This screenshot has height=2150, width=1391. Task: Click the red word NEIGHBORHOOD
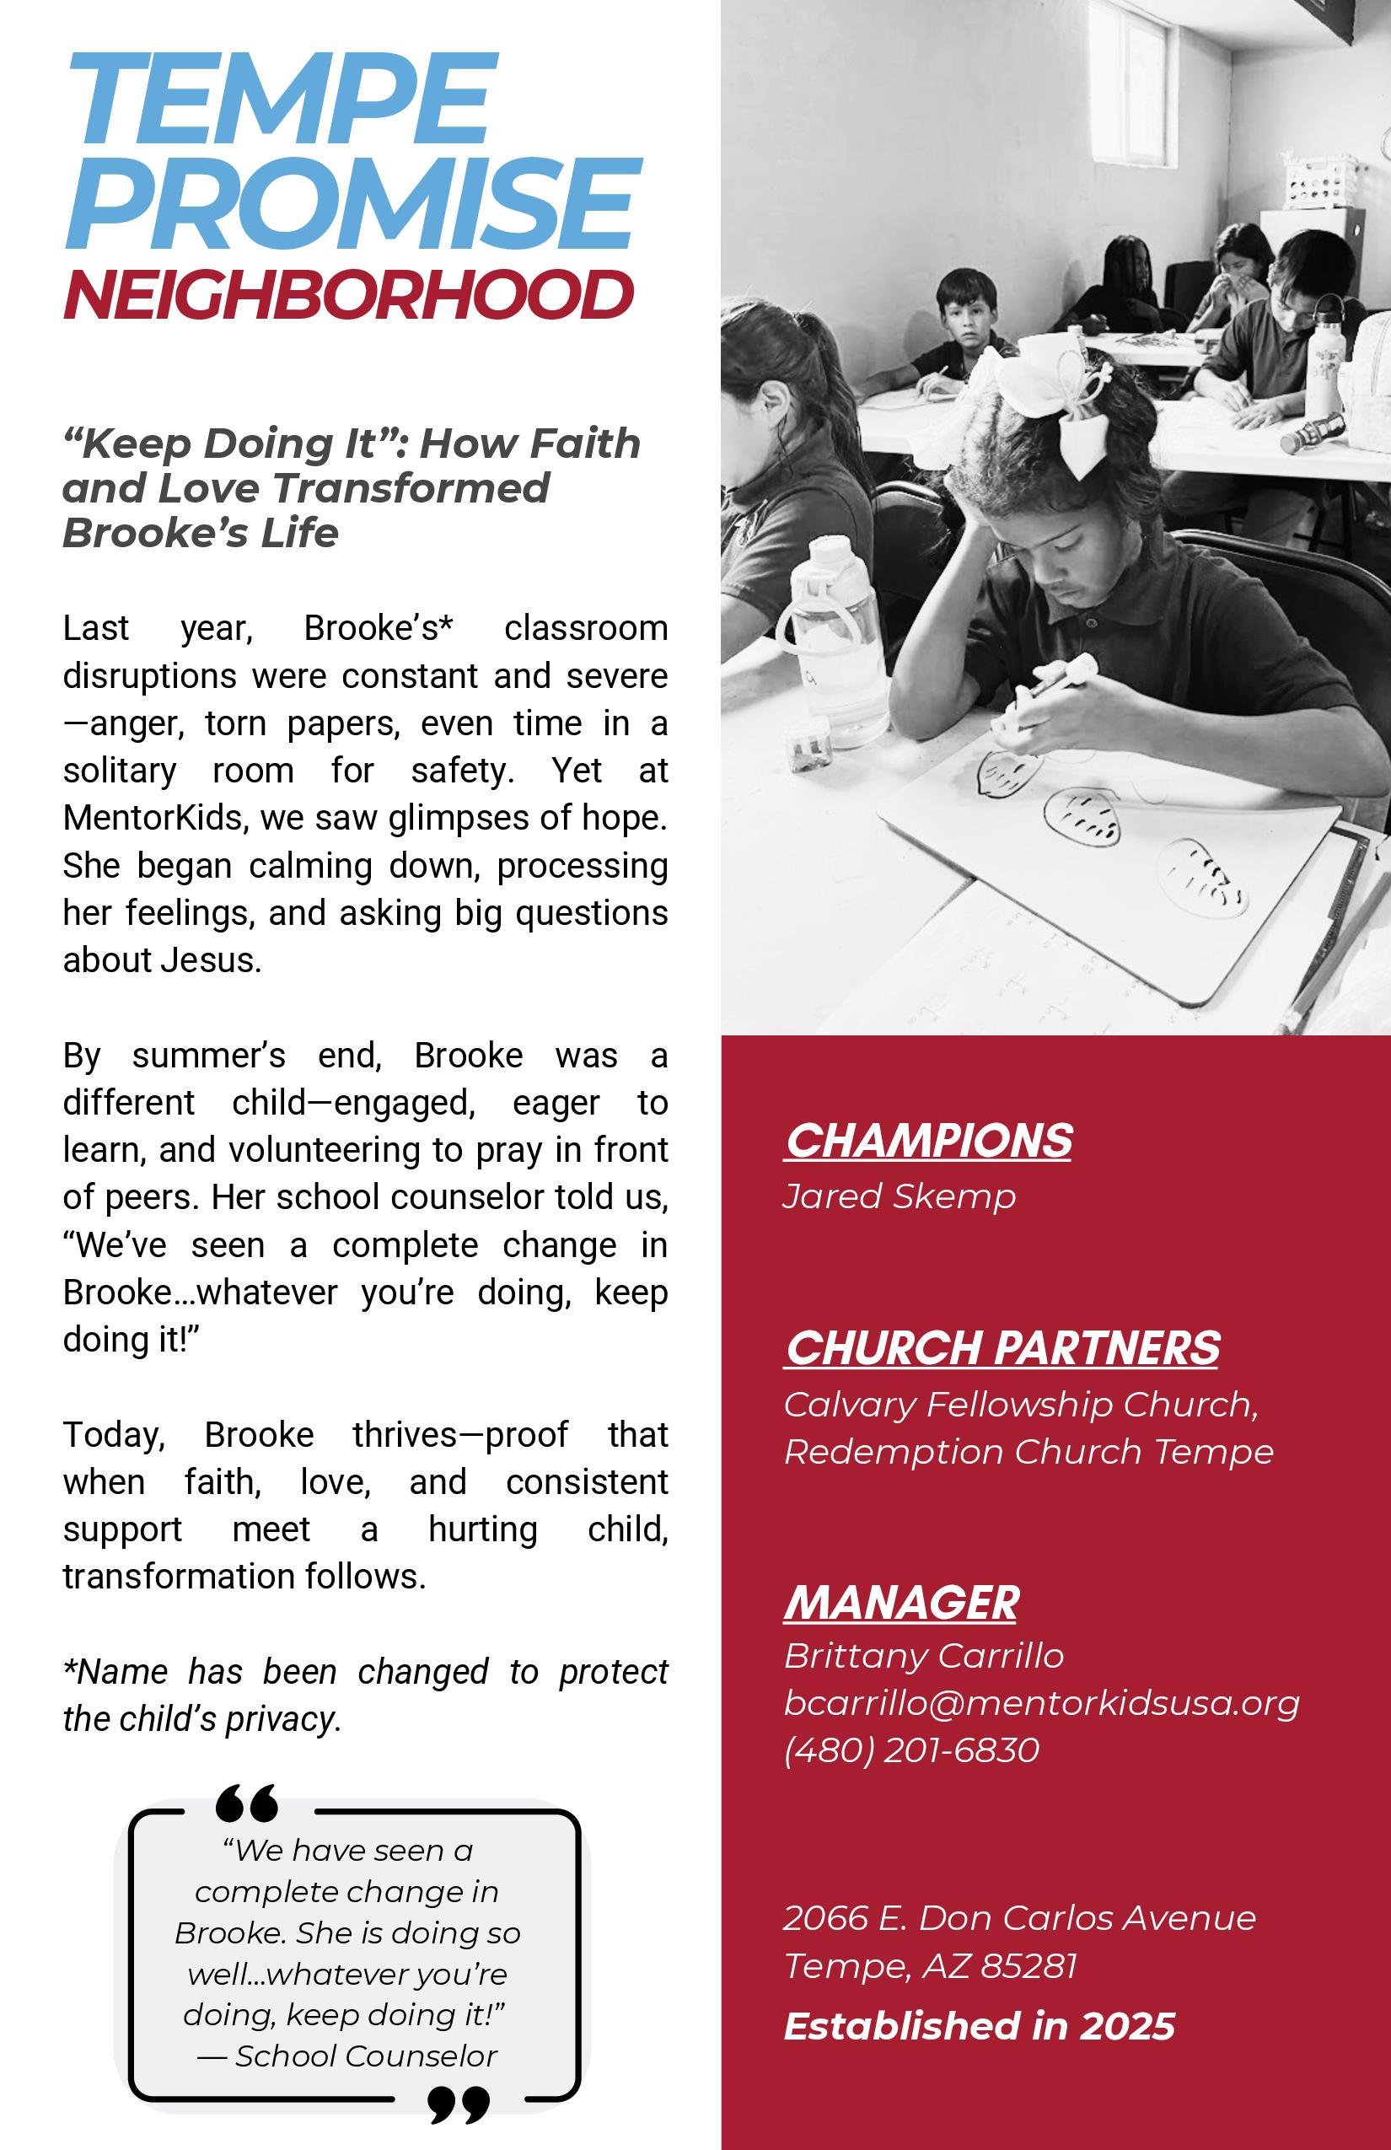pos(347,294)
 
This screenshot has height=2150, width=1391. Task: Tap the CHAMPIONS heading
pos(927,1140)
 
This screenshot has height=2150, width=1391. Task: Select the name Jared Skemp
pos(899,1196)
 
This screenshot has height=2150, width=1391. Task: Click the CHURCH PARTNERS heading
pos(1002,1348)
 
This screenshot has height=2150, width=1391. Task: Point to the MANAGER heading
pos(900,1603)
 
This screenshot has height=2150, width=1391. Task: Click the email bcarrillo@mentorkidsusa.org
pos(1040,1703)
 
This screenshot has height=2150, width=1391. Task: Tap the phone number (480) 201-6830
pos(911,1750)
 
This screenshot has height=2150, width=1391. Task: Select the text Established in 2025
pos(979,2026)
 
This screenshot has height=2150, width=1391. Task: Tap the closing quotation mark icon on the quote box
pos(459,2104)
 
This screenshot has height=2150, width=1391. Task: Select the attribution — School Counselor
pos(347,2056)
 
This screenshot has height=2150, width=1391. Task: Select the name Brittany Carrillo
pos(923,1656)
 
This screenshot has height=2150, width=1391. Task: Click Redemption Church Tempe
pos(1028,1452)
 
